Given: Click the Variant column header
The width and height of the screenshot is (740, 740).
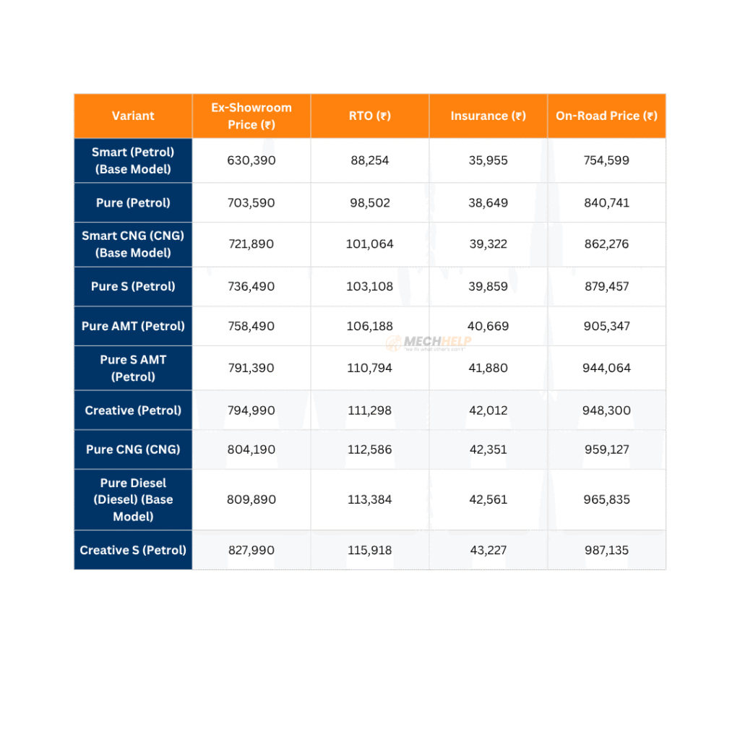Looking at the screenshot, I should coord(133,116).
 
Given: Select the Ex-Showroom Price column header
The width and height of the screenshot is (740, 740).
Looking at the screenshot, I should coord(251,116).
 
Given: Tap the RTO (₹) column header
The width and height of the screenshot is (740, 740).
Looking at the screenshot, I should coord(369,116).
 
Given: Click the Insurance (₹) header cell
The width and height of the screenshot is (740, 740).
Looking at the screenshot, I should coord(488,116).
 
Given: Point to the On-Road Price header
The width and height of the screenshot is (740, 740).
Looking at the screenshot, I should coord(606,116).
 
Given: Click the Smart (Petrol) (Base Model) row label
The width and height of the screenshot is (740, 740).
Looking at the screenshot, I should coord(133,160).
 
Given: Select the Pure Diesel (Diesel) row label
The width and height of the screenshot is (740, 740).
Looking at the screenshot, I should coord(133,499).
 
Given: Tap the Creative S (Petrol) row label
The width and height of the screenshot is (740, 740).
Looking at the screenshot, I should coord(133,550).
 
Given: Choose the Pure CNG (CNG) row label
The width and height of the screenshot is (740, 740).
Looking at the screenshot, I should coord(133,449).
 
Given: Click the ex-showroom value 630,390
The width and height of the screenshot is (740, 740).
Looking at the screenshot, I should coord(251,160).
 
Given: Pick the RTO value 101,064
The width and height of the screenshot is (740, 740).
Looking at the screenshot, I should coord(369,244).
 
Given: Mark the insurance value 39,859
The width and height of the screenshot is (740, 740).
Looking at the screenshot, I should coord(488,286).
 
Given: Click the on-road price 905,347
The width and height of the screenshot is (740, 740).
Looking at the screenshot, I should coord(606,326).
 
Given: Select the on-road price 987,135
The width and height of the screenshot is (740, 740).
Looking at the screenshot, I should coord(606,550).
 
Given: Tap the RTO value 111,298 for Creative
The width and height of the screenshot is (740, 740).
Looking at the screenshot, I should coord(369,410).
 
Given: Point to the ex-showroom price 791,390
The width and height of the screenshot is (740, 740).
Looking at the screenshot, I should coord(251,368).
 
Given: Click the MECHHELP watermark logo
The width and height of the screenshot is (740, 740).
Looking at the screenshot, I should coord(428,342).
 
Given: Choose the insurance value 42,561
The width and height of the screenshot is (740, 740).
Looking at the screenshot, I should coord(488,499).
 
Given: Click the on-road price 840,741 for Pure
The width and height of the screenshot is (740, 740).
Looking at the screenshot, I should coord(606,203).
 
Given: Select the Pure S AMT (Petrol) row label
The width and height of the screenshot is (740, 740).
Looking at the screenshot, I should coord(133,368).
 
